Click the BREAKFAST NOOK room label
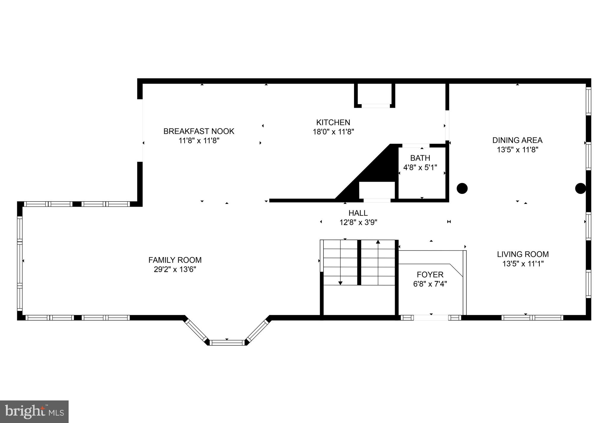[199, 131]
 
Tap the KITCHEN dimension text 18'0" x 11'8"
[333, 132]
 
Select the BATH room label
[420, 158]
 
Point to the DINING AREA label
[517, 140]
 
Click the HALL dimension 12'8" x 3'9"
[358, 222]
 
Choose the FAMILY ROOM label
[175, 260]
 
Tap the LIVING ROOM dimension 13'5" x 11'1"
[523, 264]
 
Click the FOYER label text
[430, 275]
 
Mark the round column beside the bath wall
[462, 188]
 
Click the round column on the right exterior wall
[580, 188]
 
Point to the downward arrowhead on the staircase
[340, 283]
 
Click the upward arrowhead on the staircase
[378, 242]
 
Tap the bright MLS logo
[34, 411]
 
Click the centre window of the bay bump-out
[227, 343]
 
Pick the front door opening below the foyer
[431, 318]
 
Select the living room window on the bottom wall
[532, 318]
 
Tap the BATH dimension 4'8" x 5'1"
[420, 167]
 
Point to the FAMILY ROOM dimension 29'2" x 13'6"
[175, 270]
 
